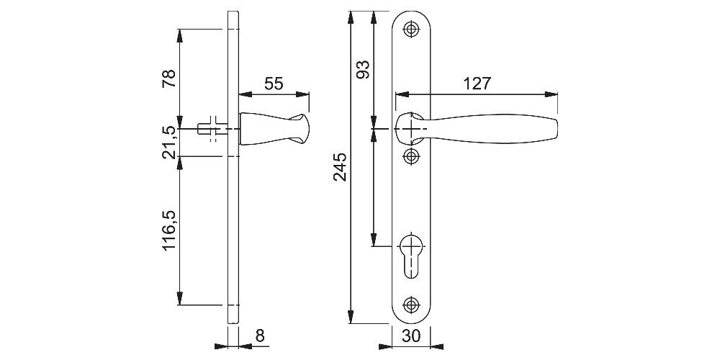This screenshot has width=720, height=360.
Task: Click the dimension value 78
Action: (x=168, y=78)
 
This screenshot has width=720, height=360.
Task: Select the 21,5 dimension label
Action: (x=168, y=141)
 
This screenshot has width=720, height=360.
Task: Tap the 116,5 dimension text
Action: (x=168, y=230)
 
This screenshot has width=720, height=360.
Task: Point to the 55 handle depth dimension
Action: (x=274, y=84)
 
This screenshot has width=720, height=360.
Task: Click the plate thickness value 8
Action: (x=260, y=336)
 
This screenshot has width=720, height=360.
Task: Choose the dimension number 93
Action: (x=363, y=69)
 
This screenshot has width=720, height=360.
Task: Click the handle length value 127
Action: (x=477, y=84)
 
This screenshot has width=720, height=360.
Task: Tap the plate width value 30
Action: (x=411, y=336)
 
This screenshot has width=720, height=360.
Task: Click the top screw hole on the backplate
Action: (x=411, y=29)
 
